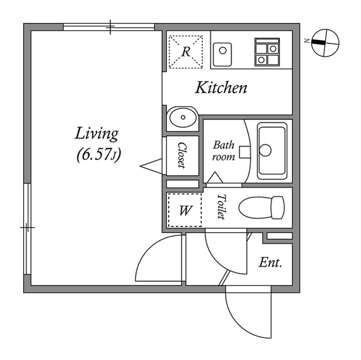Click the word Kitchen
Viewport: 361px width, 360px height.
tap(221, 87)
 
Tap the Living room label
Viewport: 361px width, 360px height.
tap(96, 134)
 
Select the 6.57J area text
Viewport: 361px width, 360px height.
tap(99, 155)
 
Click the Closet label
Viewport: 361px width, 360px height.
tap(182, 155)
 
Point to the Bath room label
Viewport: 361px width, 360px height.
tap(223, 151)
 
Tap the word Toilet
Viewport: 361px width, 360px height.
tap(222, 207)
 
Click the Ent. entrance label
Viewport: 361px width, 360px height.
tap(270, 263)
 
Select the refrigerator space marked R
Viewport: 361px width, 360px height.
tap(186, 52)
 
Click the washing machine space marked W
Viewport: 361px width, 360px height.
tap(184, 210)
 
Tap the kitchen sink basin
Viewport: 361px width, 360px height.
tap(222, 55)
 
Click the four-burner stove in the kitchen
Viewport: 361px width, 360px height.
tap(267, 52)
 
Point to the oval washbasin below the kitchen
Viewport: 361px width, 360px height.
tap(183, 118)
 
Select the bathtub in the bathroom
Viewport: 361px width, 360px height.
tap(272, 151)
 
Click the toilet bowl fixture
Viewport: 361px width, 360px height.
tap(262, 207)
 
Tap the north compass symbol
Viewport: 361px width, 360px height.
tap(325, 43)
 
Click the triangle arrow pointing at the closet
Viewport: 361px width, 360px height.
tap(151, 166)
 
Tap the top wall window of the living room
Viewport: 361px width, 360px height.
tap(109, 27)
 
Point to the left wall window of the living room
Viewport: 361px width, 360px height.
tap(27, 229)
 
